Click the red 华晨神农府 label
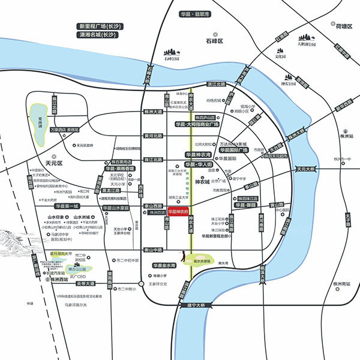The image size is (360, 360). tap(179, 212)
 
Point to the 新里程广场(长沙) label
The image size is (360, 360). tap(100, 27)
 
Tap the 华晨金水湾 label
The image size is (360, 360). tap(164, 265)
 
